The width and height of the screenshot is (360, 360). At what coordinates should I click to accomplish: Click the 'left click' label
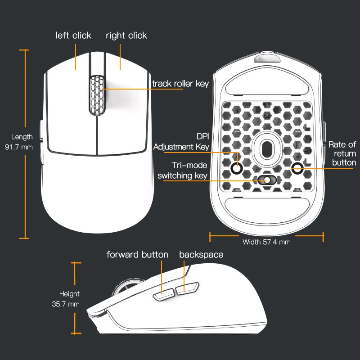pos(73,36)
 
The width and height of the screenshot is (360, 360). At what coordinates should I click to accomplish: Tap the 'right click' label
pos(126,36)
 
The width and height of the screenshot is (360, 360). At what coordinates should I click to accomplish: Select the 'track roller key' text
pos(180,84)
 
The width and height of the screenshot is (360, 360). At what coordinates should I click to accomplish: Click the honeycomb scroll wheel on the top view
pos(97,95)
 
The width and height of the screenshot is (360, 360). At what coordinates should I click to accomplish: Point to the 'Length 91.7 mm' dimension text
pos(19,142)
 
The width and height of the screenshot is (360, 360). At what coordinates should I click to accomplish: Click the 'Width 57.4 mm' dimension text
pos(266,242)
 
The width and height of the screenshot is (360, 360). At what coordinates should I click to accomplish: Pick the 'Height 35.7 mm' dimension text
pos(66,299)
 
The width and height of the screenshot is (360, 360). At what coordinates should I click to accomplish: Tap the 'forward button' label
pos(137,255)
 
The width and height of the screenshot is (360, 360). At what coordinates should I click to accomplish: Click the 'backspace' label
pos(201,255)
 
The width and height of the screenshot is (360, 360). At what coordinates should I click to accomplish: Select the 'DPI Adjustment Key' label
pos(181,142)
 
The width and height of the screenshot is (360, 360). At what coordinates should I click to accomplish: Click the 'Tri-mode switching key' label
pos(182,171)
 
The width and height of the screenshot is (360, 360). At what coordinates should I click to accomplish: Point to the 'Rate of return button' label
pos(342,153)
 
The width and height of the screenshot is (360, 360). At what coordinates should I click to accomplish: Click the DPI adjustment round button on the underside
pos(237,168)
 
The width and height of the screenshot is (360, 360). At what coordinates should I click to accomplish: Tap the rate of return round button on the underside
pos(297,168)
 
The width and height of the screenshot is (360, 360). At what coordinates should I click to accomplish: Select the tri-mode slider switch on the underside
pos(266,180)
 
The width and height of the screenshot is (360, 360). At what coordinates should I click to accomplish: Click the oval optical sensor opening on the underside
pos(266,149)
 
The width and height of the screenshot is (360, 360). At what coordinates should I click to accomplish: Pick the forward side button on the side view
pos(164,295)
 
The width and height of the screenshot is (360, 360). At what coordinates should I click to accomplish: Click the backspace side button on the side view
pos(187,288)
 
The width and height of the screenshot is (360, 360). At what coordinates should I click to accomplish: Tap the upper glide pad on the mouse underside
pos(267,82)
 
